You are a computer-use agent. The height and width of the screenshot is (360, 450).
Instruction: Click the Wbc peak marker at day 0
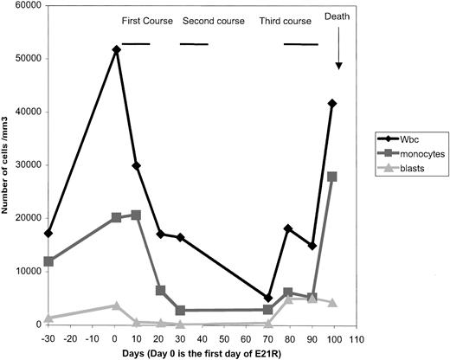[116, 50]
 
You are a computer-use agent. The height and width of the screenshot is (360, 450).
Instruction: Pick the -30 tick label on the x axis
[48, 337]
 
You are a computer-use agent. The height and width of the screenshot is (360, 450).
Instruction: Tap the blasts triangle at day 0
[116, 305]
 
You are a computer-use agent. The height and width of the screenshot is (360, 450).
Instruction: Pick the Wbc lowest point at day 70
[268, 298]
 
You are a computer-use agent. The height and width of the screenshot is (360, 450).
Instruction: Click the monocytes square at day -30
[48, 261]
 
